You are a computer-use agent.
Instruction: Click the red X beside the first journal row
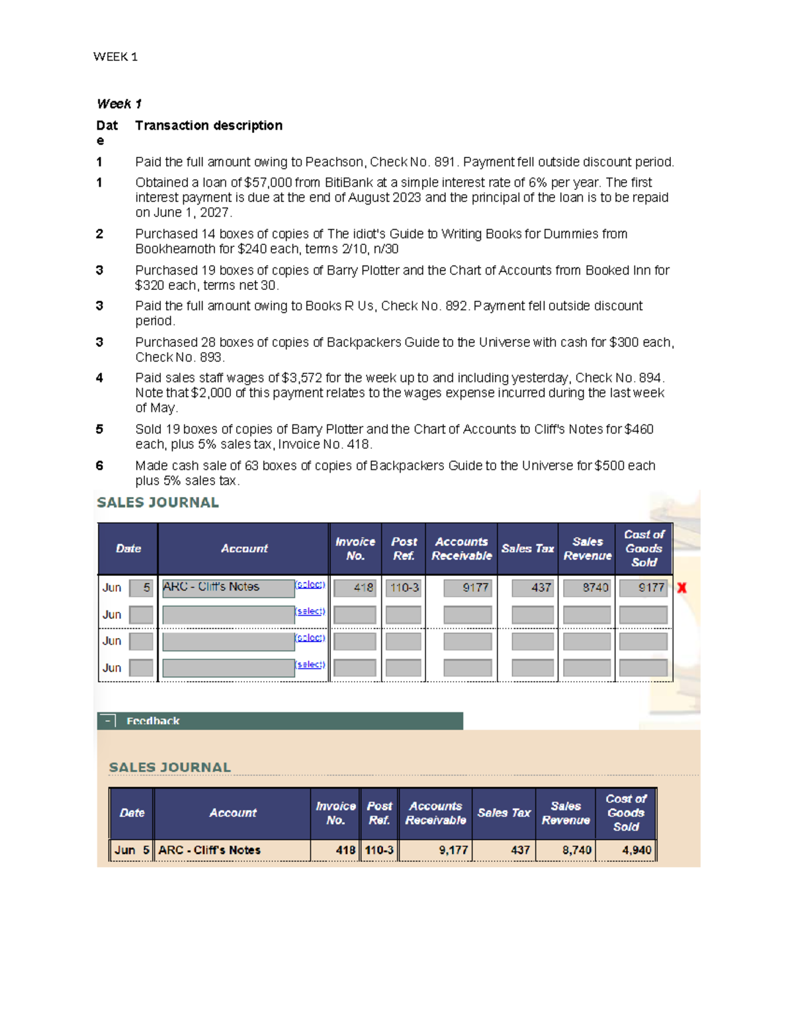click(x=682, y=588)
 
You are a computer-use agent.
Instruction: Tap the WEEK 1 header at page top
click(x=115, y=57)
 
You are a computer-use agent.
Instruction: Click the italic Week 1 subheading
click(x=119, y=104)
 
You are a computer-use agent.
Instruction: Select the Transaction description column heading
click(x=208, y=126)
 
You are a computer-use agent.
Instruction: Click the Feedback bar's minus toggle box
click(x=107, y=721)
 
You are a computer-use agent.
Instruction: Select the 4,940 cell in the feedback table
click(x=636, y=850)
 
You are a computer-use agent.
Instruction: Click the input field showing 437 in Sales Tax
click(x=533, y=588)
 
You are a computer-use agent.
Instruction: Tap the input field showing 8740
click(x=587, y=588)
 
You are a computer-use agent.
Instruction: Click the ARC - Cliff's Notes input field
click(x=228, y=588)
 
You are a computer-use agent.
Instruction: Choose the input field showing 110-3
click(x=404, y=588)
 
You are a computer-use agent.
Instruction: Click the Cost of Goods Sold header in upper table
click(x=644, y=548)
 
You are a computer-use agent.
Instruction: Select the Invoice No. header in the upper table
click(x=355, y=549)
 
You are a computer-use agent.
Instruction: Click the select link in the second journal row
click(x=310, y=612)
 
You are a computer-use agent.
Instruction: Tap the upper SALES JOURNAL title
click(x=157, y=502)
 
